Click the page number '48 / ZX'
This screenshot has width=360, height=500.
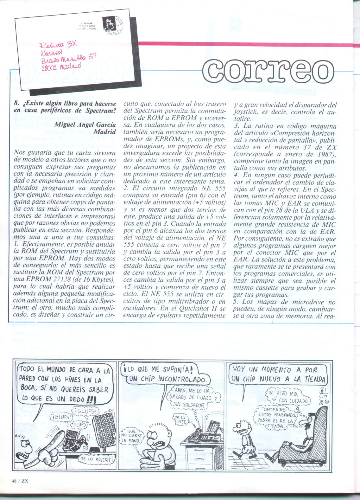pos(19,489)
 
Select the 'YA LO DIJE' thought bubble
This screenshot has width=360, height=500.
pos(181,420)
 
